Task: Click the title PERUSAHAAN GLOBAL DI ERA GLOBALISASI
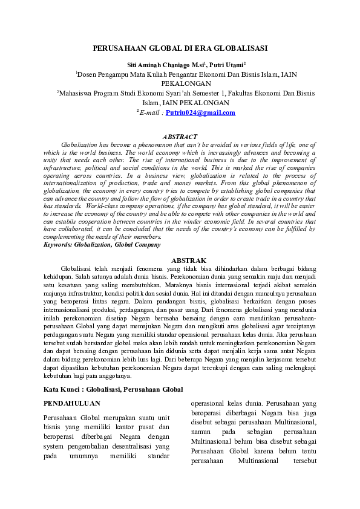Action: (180, 48)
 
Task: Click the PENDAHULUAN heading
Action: (72, 403)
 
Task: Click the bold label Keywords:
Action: (59, 245)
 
